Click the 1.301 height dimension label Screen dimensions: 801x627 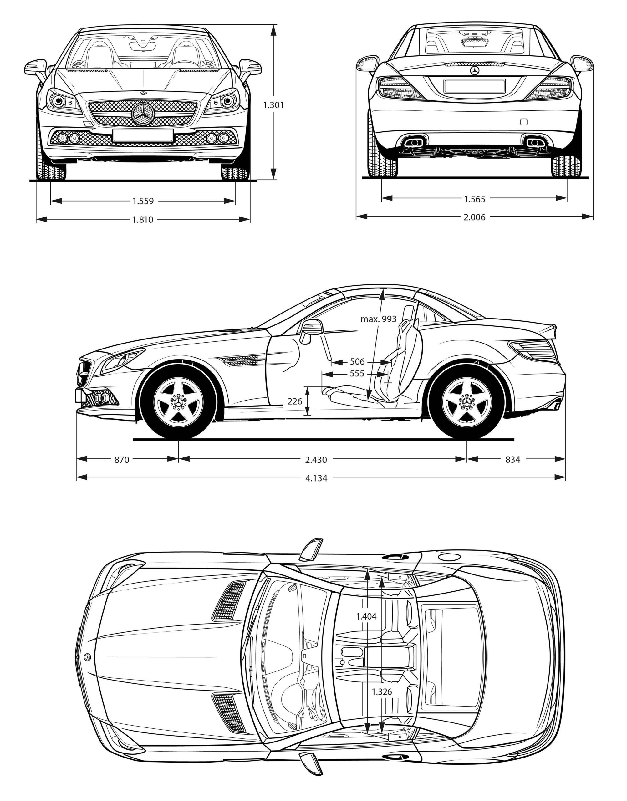[273, 105]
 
